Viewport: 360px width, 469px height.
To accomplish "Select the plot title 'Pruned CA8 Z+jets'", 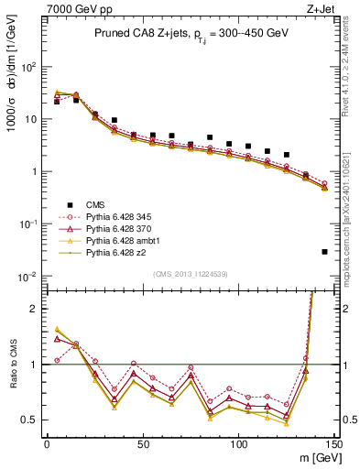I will (x=138, y=34).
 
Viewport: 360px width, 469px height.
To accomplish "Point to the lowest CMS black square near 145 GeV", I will (x=325, y=252).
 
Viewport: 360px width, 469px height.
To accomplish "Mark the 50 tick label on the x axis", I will (x=143, y=444).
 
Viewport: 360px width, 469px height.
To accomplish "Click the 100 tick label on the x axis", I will (x=239, y=444).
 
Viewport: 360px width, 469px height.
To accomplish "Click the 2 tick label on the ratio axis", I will (x=35, y=310).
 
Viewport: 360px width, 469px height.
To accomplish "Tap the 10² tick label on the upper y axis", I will (x=29, y=67).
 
